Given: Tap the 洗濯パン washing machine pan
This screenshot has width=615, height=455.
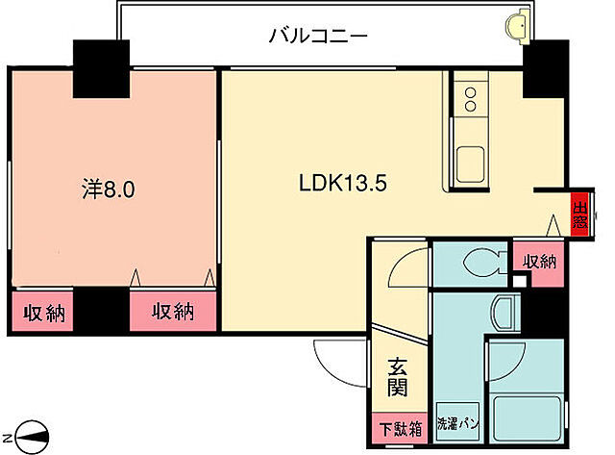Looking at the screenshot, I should pos(458,420).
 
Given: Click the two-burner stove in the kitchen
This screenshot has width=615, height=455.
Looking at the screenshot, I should pos(471,98).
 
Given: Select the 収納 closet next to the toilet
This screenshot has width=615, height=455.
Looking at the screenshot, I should pos(538,261).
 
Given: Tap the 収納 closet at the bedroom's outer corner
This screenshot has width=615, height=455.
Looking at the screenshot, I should pos(41,313).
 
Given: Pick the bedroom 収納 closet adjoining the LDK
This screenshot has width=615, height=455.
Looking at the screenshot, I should pos(171,312).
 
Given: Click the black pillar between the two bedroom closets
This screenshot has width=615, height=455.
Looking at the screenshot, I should pos(102,310).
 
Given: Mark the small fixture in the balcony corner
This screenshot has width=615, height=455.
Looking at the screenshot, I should pos(518,21).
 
